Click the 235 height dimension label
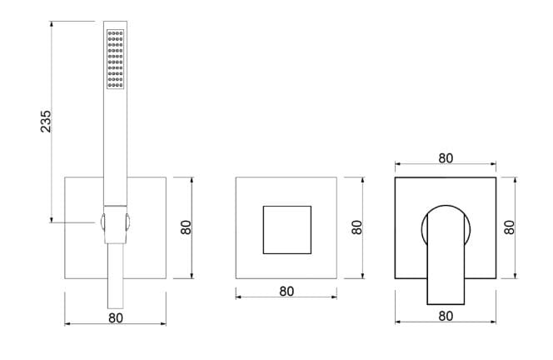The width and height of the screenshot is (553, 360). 46,122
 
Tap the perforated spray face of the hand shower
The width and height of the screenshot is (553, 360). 115,59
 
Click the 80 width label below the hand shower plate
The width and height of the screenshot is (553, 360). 116,318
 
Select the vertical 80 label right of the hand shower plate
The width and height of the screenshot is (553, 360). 186,227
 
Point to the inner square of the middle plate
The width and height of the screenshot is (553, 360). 287,230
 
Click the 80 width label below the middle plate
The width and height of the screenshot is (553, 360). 286,291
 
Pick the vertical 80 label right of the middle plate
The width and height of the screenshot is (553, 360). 357,227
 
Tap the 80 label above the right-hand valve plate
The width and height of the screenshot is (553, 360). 446,158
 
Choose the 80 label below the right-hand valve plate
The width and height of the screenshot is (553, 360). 446,316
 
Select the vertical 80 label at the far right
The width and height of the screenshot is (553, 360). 509,227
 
